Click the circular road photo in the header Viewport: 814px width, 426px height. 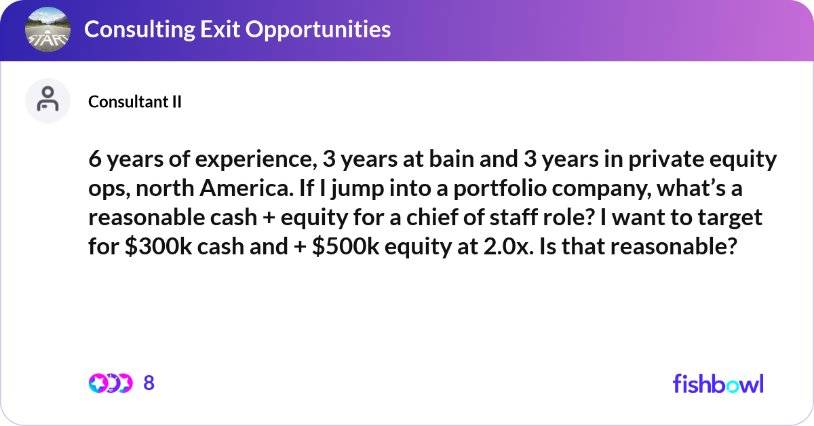(x=47, y=30)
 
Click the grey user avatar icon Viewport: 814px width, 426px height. (x=47, y=100)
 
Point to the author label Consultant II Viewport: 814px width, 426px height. (x=134, y=102)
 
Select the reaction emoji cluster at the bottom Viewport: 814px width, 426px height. (x=110, y=383)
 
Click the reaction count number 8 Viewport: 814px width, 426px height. (x=149, y=383)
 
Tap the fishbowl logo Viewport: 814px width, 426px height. (x=718, y=383)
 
